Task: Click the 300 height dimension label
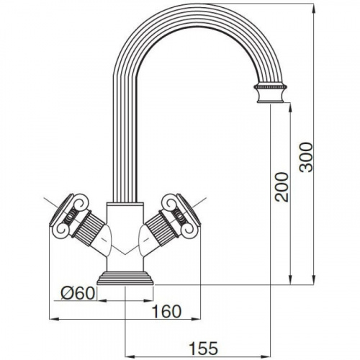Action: (x=306, y=157)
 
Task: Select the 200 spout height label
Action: (x=282, y=186)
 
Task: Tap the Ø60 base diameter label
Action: (x=78, y=293)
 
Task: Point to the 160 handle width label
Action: (x=166, y=312)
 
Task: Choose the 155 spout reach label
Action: (x=204, y=348)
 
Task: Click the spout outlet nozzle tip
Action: (x=271, y=94)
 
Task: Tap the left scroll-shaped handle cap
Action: (x=68, y=213)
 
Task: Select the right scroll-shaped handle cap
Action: (x=181, y=213)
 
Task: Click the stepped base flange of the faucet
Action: (x=125, y=279)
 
